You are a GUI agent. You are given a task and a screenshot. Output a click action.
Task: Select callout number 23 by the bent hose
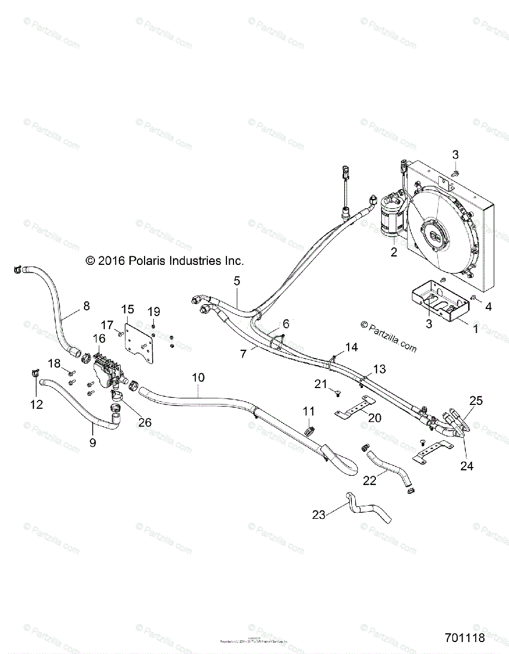click(x=319, y=513)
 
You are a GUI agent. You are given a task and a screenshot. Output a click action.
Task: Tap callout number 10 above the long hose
click(x=198, y=377)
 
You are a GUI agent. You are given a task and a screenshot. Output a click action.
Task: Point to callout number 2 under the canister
click(x=393, y=252)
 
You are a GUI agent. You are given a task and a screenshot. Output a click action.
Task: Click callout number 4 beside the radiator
click(x=488, y=306)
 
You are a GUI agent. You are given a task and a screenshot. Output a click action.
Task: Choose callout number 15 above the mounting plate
click(x=127, y=310)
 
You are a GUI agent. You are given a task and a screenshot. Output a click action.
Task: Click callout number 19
click(x=154, y=312)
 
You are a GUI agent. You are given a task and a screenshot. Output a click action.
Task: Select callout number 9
click(x=92, y=443)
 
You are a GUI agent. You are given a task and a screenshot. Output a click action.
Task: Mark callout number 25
click(x=476, y=401)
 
